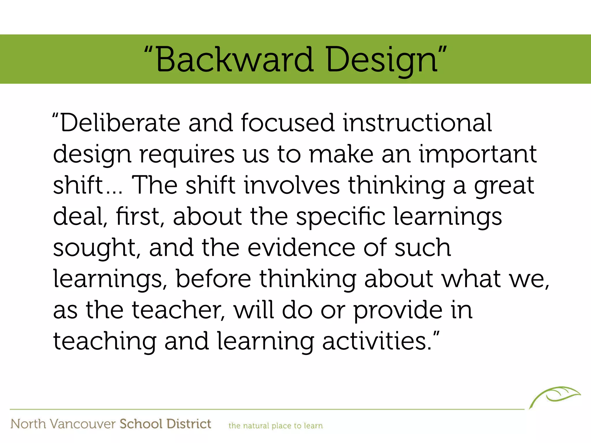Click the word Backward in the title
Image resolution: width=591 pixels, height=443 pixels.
234,60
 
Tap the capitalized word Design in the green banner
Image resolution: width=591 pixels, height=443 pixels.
382,60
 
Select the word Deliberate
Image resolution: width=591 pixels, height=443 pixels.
120,123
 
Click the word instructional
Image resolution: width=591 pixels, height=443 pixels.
417,123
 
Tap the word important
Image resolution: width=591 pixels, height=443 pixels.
478,154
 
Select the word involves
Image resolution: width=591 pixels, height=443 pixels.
292,185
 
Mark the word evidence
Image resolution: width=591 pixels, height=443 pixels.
301,248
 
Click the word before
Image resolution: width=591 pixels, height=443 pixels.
214,279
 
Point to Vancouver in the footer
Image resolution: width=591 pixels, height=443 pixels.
83,424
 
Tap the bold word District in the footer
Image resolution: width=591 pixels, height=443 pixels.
189,424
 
